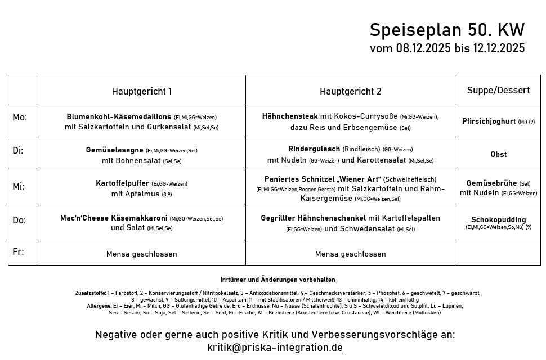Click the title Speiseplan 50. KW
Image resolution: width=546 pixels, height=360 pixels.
[x=447, y=30]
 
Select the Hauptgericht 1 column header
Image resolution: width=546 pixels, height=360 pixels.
[x=142, y=91]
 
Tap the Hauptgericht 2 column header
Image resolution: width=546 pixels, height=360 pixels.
[x=350, y=91]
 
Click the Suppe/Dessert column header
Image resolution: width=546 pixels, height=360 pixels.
[x=498, y=91]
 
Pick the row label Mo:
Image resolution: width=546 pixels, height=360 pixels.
[x=20, y=118]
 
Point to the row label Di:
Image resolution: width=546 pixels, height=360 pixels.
[x=18, y=151]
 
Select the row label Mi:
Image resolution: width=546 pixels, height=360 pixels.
[x=19, y=186]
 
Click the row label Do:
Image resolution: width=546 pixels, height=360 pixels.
[x=19, y=219]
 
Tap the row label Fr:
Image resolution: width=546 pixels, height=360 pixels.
[x=18, y=251]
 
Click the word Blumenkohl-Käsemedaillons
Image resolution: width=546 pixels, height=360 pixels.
[x=119, y=117]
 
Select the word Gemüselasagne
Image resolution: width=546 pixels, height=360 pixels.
[x=115, y=150]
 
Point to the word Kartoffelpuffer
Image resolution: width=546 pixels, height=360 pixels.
[x=122, y=183]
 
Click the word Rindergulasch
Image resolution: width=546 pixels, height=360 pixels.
[x=314, y=149]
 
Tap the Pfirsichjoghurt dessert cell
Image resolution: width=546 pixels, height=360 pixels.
[x=489, y=121]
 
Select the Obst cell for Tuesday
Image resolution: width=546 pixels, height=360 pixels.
[x=498, y=154]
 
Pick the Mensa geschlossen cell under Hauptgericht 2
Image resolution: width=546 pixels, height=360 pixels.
[x=350, y=254]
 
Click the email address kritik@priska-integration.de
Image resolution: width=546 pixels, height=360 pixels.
[x=275, y=348]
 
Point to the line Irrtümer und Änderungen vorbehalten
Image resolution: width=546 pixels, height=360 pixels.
[x=278, y=280]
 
